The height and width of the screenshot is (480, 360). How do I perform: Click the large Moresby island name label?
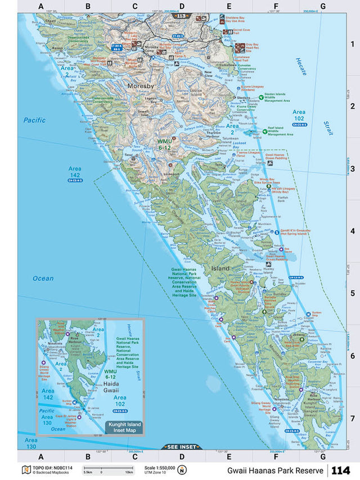138,86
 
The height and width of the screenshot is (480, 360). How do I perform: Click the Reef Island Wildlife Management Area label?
281,131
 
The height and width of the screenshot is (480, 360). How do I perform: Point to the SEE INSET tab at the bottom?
180,447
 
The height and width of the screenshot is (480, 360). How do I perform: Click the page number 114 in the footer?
341,470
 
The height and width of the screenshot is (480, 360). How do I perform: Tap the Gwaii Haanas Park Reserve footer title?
275,470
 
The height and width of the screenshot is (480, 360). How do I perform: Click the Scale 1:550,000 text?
159,467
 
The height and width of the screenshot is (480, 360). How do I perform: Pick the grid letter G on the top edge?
322,6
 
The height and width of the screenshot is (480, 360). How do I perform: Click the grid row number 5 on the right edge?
353,293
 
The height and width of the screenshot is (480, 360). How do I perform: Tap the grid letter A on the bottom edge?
40,456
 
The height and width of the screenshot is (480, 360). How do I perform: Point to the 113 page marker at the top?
181,16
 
